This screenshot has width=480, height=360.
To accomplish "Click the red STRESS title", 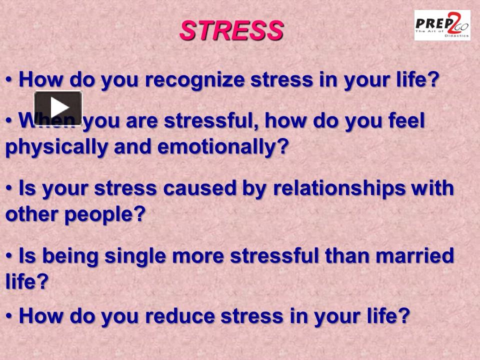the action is tap(231, 30).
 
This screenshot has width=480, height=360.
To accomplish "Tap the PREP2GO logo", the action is tap(442, 25).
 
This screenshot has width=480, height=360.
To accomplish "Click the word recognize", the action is tap(194, 80).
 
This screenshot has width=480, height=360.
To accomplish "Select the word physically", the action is tap(56, 147).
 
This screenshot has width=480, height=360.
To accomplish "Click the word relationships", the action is tap(339, 188).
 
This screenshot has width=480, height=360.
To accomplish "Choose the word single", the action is tap(135, 256).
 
